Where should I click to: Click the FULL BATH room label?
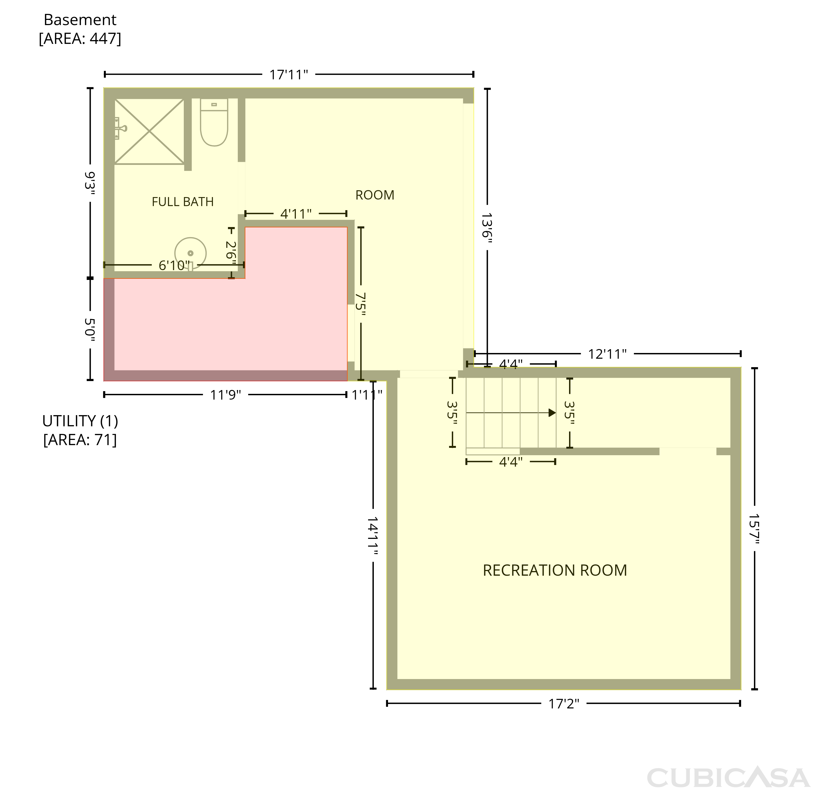[182, 202]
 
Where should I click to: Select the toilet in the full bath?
[214, 122]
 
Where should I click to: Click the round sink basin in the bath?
[190, 253]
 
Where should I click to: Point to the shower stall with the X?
[149, 131]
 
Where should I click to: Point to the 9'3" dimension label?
[90, 184]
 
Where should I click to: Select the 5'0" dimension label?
[90, 330]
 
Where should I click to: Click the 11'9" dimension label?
[225, 395]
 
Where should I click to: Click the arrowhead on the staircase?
[552, 413]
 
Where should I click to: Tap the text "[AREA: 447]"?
[80, 38]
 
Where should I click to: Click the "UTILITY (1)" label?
[80, 421]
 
